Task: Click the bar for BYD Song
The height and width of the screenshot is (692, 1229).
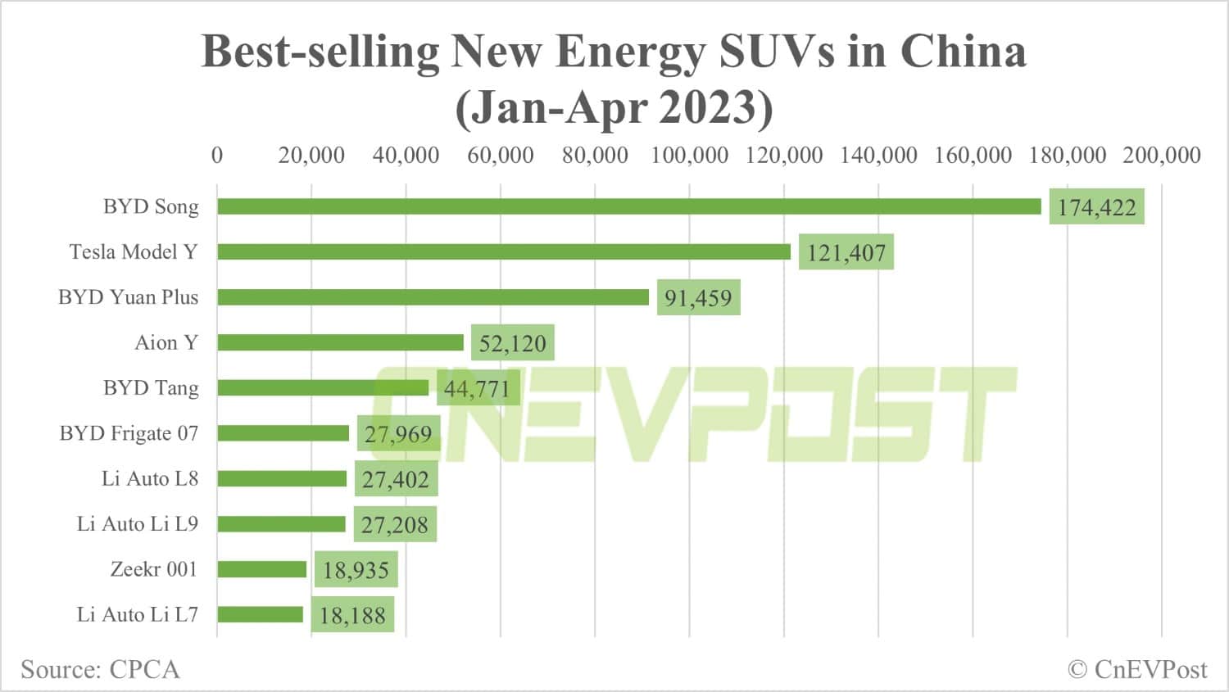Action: click(628, 206)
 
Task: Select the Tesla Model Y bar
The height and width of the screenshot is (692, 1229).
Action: click(503, 251)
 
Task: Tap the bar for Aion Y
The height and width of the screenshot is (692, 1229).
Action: click(340, 342)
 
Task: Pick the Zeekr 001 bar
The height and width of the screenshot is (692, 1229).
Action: click(261, 569)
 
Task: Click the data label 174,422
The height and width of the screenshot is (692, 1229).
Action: click(1096, 207)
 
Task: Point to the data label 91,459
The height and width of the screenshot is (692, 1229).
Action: click(698, 298)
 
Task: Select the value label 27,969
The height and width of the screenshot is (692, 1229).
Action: click(398, 434)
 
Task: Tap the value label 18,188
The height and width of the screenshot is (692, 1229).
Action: click(352, 615)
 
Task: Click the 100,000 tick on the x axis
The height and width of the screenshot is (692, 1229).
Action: click(689, 155)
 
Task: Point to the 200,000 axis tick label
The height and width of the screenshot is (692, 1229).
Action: click(1161, 155)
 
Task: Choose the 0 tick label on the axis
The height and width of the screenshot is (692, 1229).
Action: click(217, 155)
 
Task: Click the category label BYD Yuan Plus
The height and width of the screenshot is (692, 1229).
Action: click(128, 297)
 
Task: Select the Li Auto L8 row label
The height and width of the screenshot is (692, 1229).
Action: click(150, 478)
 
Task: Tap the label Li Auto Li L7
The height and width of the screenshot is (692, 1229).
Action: click(137, 614)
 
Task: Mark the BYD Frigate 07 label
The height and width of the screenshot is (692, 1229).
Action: click(129, 433)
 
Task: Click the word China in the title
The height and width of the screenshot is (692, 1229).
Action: click(963, 51)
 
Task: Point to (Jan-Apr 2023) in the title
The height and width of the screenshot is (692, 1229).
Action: click(614, 107)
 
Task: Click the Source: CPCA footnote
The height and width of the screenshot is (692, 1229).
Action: click(100, 669)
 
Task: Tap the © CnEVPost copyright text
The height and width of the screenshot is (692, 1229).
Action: click(1137, 669)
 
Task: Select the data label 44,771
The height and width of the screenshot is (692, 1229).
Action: click(477, 389)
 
